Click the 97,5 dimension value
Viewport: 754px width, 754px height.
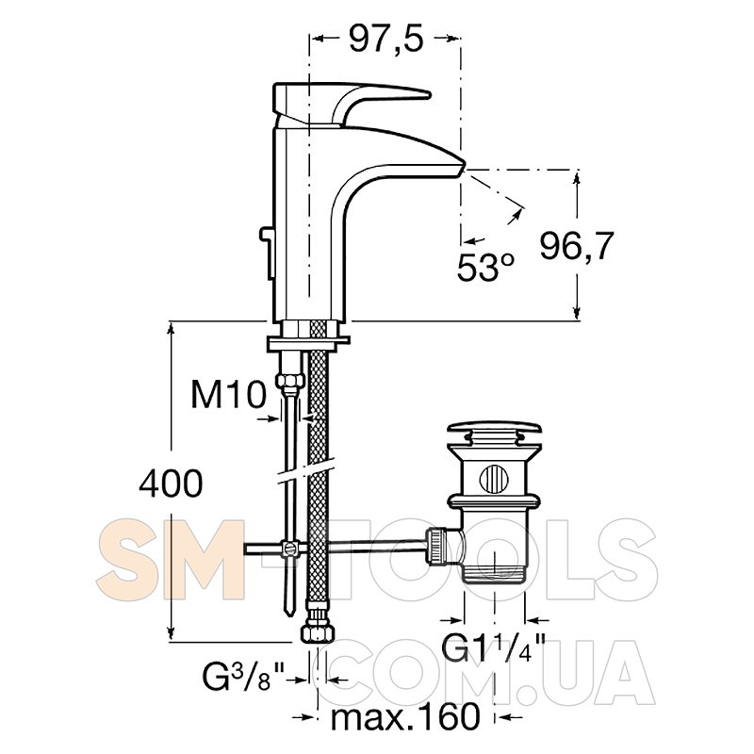[386, 39]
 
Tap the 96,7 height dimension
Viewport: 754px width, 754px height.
[577, 246]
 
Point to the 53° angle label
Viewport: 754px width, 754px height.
[485, 268]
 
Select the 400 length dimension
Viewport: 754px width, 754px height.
[171, 484]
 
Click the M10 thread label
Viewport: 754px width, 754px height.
[228, 395]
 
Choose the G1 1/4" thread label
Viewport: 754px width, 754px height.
[493, 648]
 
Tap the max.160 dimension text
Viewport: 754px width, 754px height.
[405, 716]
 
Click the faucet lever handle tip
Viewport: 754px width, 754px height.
[429, 95]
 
